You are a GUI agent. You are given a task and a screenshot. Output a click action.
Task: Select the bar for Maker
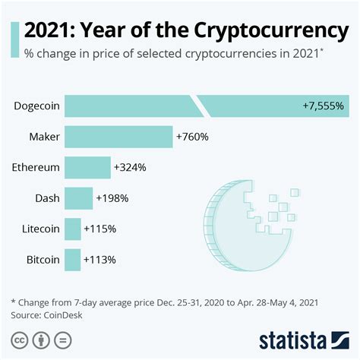118,137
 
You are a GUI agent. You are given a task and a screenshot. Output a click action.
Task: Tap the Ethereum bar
87,167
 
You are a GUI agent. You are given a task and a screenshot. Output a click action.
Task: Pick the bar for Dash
78,198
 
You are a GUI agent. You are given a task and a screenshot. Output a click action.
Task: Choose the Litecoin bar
73,229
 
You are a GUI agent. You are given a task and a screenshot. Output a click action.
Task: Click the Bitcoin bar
73,260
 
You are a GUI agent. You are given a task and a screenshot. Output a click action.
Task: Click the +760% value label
192,137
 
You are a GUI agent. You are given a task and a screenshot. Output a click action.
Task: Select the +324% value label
130,167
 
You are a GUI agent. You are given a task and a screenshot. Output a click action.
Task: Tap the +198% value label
112,198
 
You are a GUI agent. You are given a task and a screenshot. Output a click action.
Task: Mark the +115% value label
100,229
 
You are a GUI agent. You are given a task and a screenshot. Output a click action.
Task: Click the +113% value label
99,260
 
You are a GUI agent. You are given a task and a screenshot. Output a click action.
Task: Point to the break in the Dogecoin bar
197,106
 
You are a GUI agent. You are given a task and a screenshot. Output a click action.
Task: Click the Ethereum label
36,167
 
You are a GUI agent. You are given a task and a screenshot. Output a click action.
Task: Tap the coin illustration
243,220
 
